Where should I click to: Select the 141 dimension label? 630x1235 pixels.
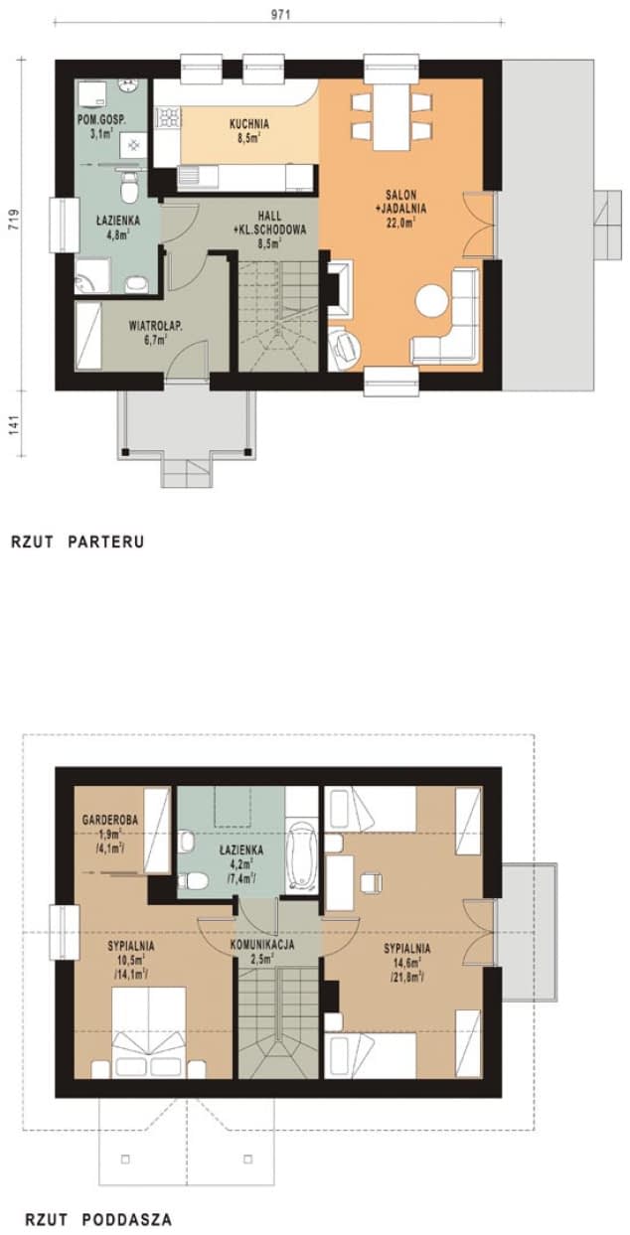point(13,422)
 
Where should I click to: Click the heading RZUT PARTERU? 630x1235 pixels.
point(79,541)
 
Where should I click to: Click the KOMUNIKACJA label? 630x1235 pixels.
point(261,945)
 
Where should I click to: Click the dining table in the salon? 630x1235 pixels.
point(391,114)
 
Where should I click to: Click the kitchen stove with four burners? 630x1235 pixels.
point(166,120)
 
